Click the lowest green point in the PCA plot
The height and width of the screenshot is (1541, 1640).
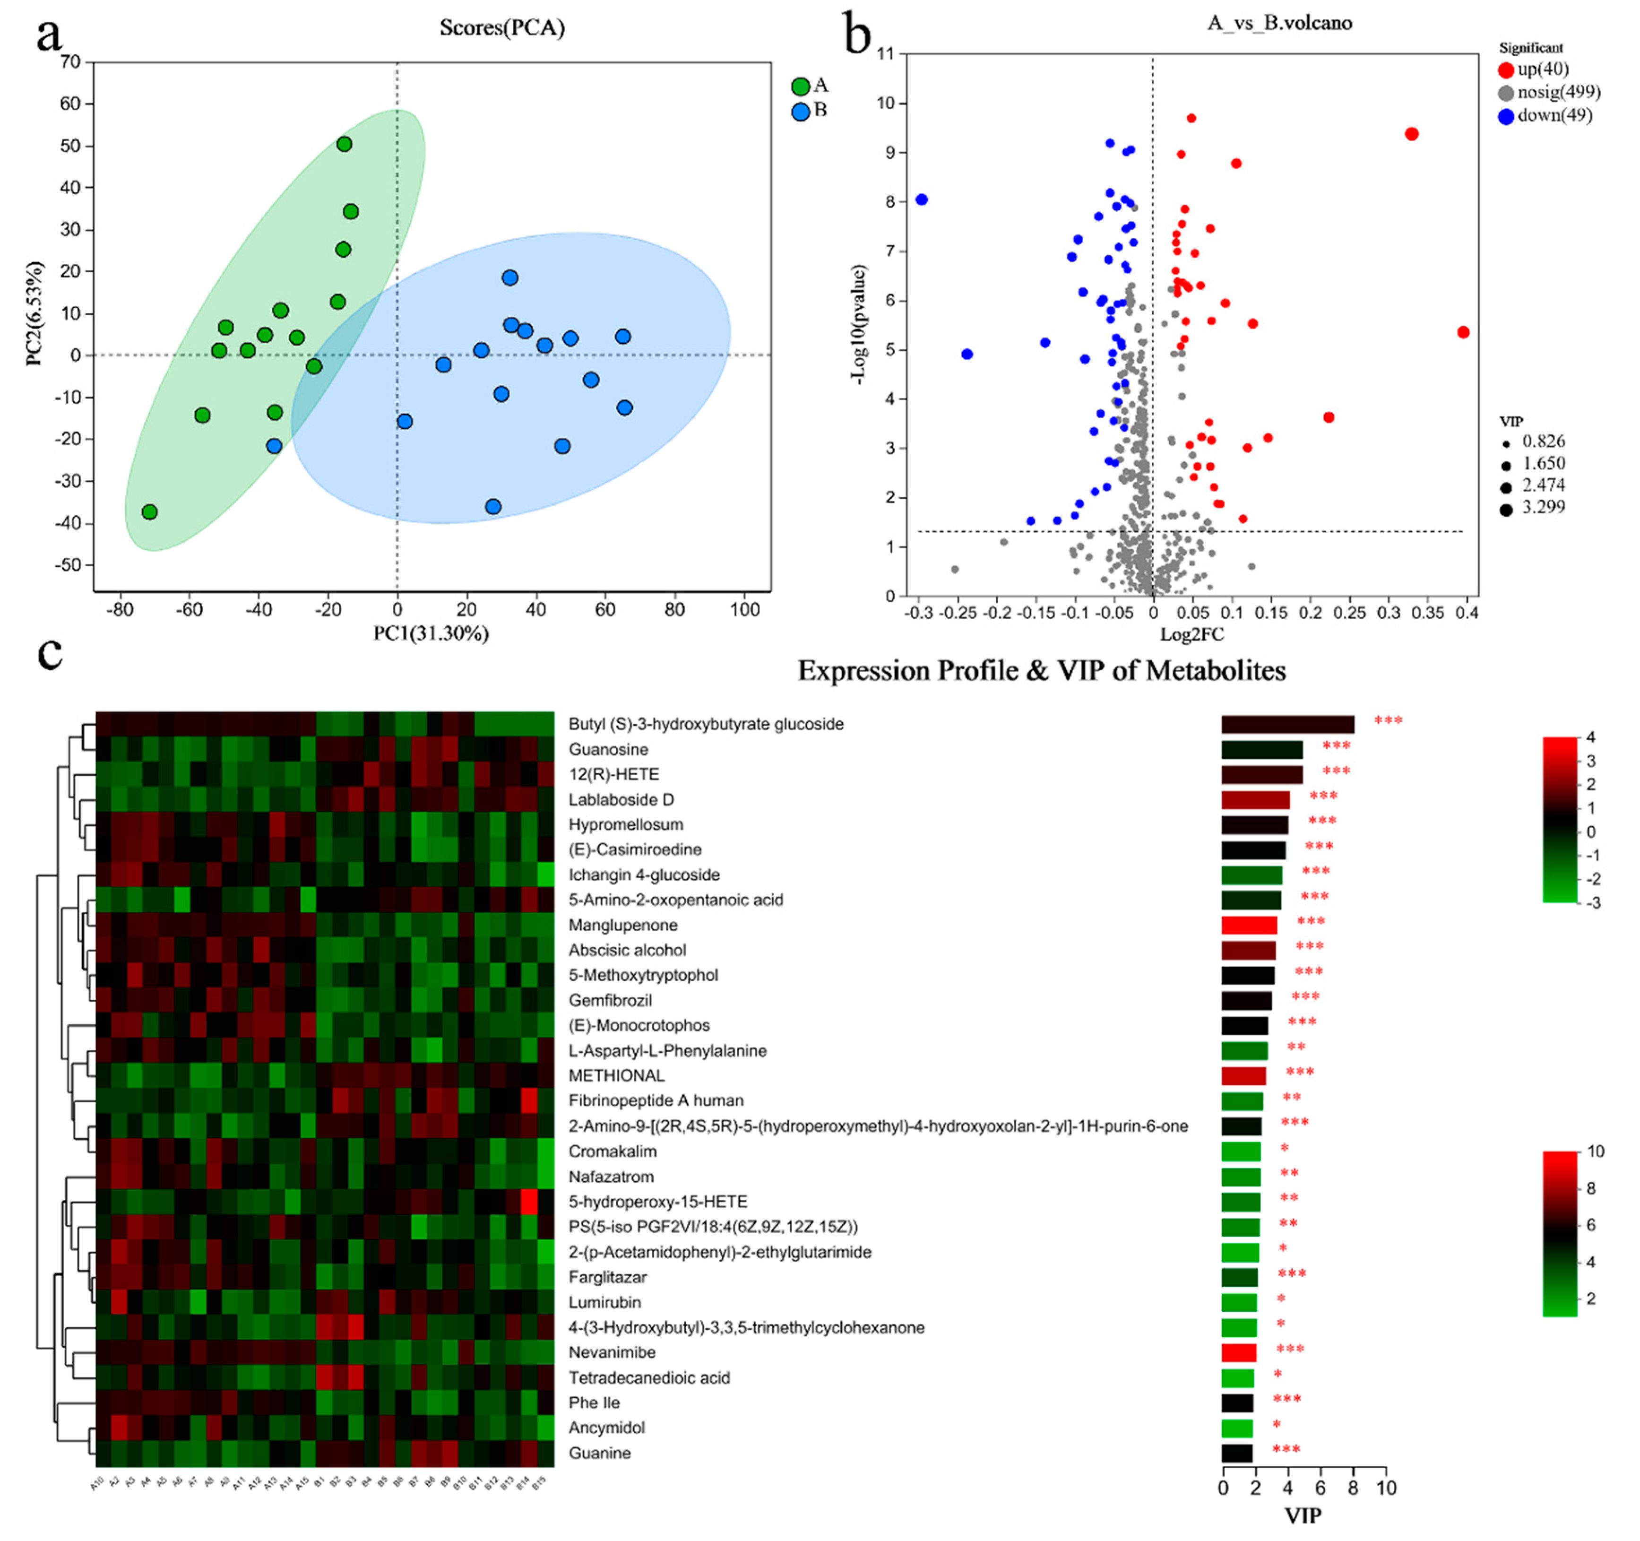click(149, 512)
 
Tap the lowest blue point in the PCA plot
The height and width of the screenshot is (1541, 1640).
click(493, 507)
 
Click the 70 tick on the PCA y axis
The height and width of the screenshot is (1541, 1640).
click(70, 62)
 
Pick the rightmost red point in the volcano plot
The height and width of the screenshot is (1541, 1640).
click(1463, 332)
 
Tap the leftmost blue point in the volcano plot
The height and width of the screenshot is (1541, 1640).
click(922, 199)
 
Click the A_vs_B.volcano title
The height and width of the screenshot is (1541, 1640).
click(1279, 23)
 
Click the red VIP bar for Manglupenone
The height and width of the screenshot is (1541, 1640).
click(1249, 925)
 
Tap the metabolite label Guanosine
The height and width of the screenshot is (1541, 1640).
click(608, 750)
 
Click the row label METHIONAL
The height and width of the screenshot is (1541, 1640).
click(616, 1076)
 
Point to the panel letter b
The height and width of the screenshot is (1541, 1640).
click(858, 35)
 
